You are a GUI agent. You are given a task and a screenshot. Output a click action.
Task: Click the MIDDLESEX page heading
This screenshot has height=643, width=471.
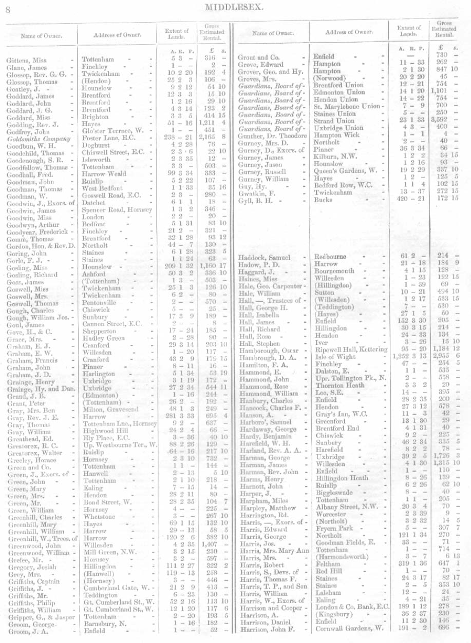pos(234,7)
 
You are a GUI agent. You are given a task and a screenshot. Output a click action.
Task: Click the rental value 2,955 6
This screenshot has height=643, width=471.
pos(444,357)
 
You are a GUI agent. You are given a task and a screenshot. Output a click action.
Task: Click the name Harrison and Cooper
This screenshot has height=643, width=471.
pos(271,607)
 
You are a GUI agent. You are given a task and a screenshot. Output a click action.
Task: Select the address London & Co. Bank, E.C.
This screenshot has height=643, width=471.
pos(352,606)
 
